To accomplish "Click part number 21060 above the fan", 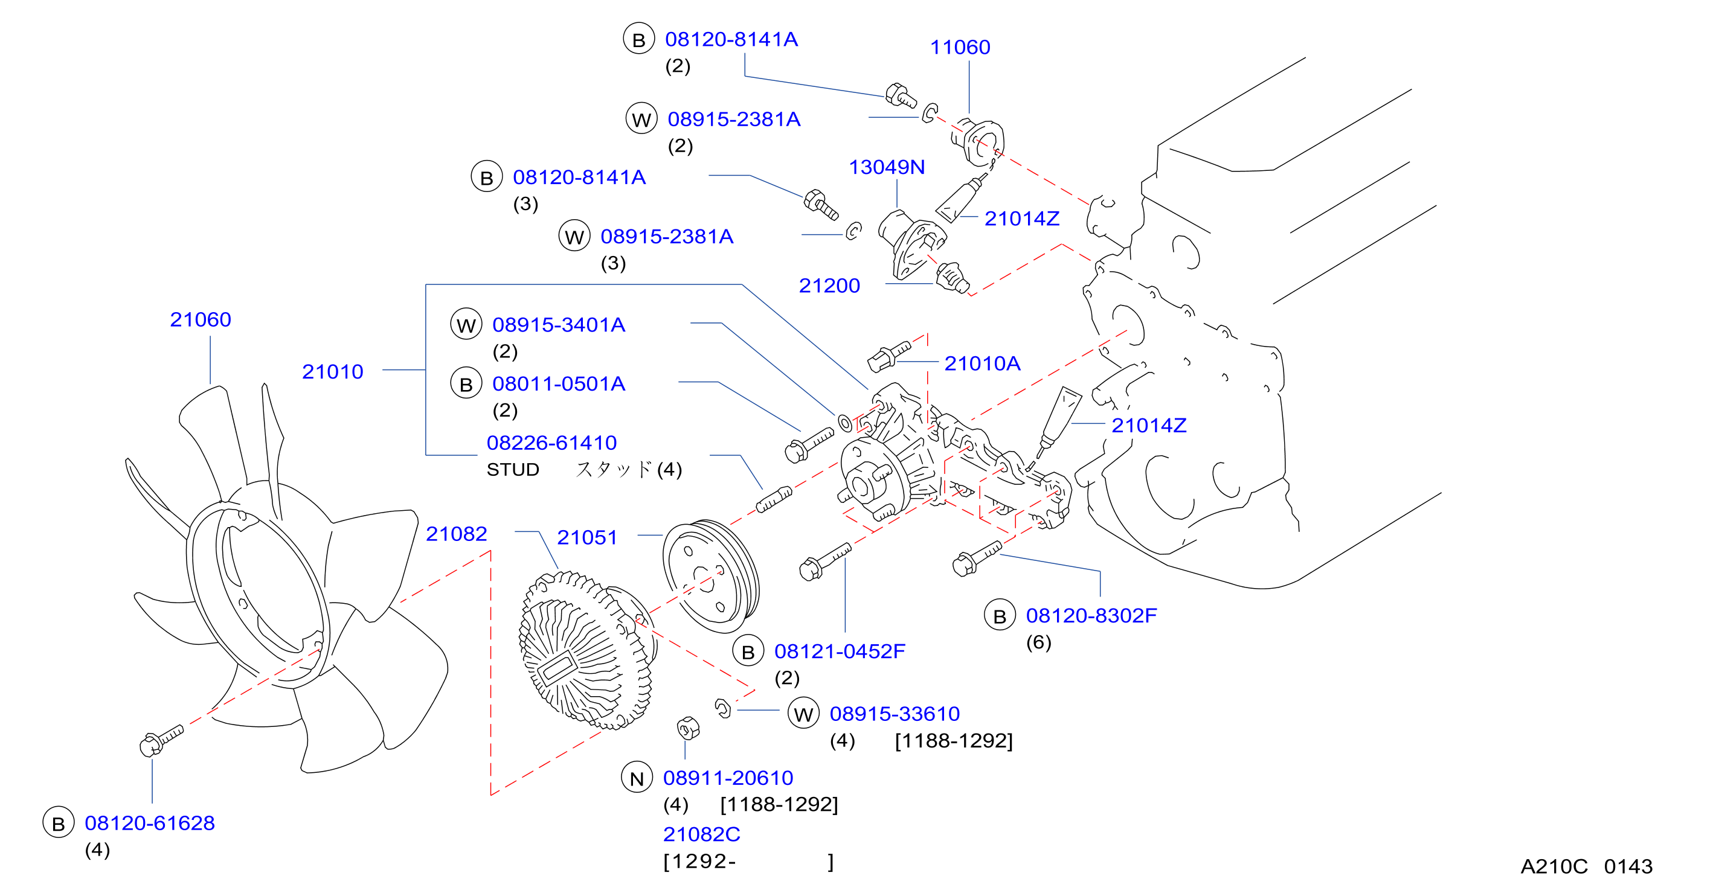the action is (200, 319).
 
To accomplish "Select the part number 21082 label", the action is (457, 534).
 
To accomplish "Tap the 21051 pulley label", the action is (587, 537).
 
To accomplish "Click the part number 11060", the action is (960, 47).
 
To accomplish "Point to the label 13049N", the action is (887, 167).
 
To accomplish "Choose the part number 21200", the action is (829, 286).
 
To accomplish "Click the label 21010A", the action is (982, 363).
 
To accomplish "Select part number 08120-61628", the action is (149, 824).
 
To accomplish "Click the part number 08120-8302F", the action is (1091, 616).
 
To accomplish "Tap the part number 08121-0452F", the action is (840, 651).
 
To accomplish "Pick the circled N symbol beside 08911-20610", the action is (637, 778).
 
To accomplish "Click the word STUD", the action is (512, 470).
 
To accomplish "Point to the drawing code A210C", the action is (1554, 866).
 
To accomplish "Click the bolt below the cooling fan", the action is (161, 741).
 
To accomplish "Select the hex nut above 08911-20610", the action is (688, 728).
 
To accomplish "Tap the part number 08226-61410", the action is (552, 443).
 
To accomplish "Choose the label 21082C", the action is (701, 834).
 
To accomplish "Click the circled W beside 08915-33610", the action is (803, 714).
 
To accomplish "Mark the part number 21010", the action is (332, 371).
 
